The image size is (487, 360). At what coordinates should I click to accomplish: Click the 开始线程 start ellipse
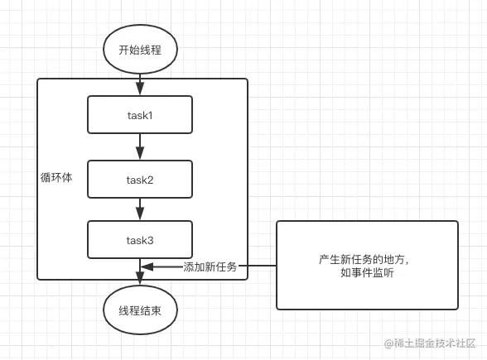pyautogui.click(x=140, y=50)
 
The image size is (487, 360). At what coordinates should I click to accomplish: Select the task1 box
pyautogui.click(x=140, y=115)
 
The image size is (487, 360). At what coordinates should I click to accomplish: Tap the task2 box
pyautogui.click(x=140, y=179)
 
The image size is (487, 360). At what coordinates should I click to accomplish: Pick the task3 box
pyautogui.click(x=140, y=240)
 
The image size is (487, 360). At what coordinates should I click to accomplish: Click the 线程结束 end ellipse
pyautogui.click(x=140, y=310)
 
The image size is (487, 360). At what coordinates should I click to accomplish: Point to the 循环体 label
pyautogui.click(x=56, y=177)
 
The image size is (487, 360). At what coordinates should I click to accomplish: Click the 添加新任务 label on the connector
pyautogui.click(x=210, y=266)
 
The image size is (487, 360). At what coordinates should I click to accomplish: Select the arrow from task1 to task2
pyautogui.click(x=140, y=146)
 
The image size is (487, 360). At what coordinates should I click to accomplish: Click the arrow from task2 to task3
pyautogui.click(x=140, y=209)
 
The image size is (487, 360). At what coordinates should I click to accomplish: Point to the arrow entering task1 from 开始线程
pyautogui.click(x=140, y=84)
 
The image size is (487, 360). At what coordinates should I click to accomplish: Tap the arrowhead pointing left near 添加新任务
pyautogui.click(x=147, y=266)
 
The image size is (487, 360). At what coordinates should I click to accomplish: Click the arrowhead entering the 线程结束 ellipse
pyautogui.click(x=140, y=278)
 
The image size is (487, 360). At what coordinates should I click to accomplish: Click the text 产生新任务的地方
pyautogui.click(x=361, y=260)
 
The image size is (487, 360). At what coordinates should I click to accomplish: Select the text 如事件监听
pyautogui.click(x=367, y=272)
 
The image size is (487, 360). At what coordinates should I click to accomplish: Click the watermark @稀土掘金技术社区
pyautogui.click(x=430, y=343)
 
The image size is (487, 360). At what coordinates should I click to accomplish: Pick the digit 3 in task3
pyautogui.click(x=150, y=240)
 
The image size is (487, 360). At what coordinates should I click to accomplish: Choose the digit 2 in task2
pyautogui.click(x=150, y=180)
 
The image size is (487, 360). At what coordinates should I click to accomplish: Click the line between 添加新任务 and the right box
pyautogui.click(x=258, y=266)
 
